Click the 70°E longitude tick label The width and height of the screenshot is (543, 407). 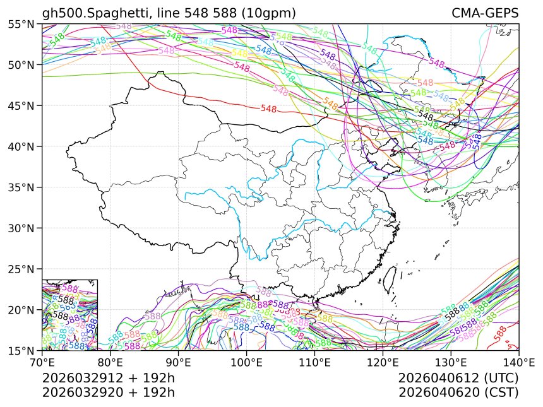tap(42, 363)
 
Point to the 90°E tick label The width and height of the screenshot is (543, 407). tap(178, 363)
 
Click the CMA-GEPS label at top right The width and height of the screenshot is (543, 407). tap(485, 13)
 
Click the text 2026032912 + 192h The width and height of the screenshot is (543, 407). tap(108, 379)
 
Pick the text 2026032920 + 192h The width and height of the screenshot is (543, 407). tap(108, 392)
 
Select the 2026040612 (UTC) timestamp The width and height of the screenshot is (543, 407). tap(458, 379)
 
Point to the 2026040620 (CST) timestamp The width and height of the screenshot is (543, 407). tap(458, 392)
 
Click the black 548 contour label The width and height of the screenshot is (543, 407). tap(426, 116)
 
